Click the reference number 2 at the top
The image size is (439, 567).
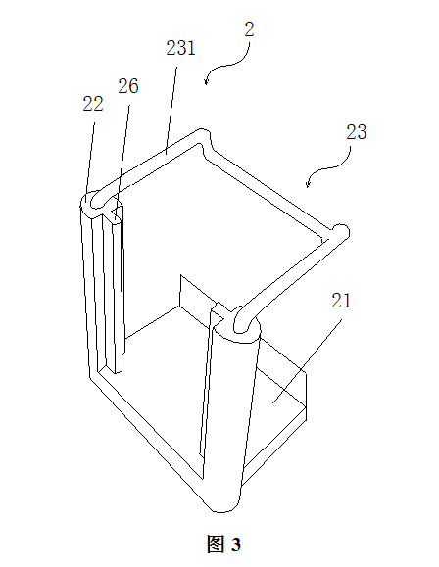(x=249, y=29)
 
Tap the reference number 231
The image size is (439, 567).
(x=180, y=48)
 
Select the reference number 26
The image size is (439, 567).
(x=128, y=86)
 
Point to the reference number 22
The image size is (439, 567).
(x=93, y=104)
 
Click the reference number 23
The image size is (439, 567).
(x=357, y=132)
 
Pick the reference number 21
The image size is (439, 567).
(x=341, y=301)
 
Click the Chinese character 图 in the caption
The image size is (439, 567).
(x=216, y=543)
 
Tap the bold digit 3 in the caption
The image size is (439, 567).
(x=236, y=544)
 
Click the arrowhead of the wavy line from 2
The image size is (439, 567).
(x=206, y=81)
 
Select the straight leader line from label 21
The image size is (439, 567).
(x=307, y=361)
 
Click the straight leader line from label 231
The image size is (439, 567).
(x=171, y=111)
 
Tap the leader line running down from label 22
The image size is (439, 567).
(x=90, y=159)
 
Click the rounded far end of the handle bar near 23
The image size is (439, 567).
(x=342, y=232)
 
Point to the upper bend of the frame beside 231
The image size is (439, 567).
(x=203, y=139)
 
